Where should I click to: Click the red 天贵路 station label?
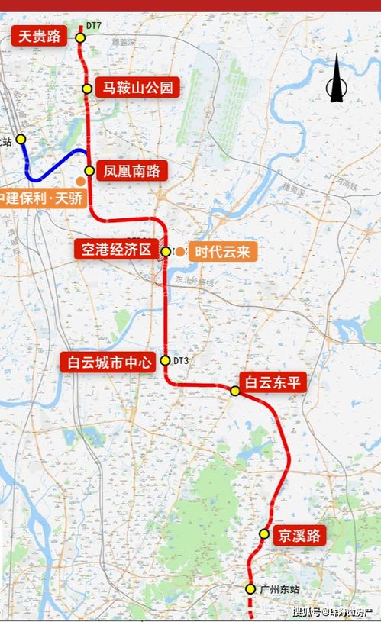(39, 35)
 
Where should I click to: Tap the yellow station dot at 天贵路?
(79, 36)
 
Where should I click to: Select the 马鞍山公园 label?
(137, 88)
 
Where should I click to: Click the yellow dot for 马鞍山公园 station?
(88, 89)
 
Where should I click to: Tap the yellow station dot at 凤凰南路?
(89, 171)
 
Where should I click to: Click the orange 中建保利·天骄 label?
(44, 198)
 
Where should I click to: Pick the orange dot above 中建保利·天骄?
(80, 181)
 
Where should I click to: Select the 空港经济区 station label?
(115, 250)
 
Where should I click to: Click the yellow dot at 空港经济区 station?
(166, 251)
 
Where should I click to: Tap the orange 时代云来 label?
(222, 252)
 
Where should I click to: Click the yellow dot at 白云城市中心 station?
(165, 361)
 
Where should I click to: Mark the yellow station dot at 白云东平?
(235, 391)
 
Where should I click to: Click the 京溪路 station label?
(299, 535)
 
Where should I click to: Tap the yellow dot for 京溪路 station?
(264, 533)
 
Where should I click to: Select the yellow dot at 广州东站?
(250, 588)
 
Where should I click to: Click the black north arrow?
(336, 80)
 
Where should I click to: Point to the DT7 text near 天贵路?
(94, 26)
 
